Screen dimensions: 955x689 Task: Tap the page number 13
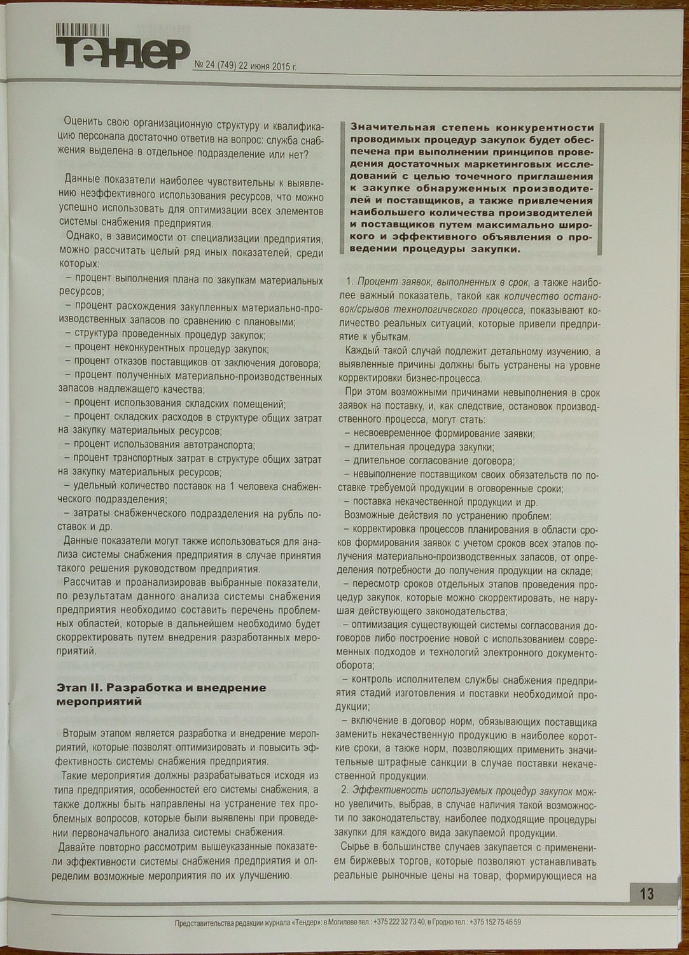click(x=646, y=895)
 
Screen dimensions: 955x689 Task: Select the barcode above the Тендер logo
click(x=83, y=29)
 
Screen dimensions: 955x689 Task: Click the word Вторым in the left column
click(x=80, y=733)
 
